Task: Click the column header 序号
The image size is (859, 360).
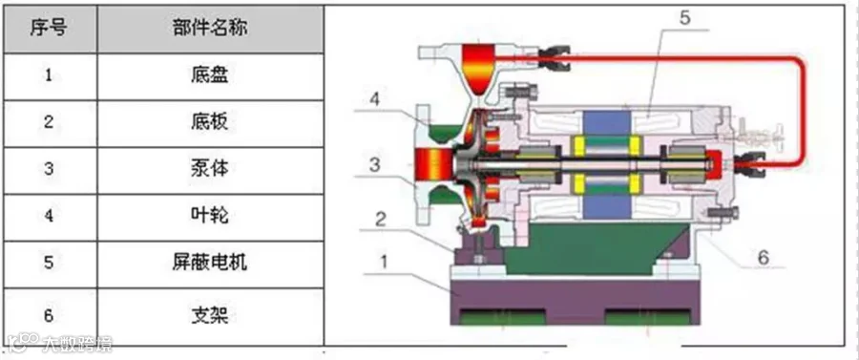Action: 49,29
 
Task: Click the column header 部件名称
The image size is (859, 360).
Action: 210,29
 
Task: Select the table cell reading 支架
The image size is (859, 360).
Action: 210,315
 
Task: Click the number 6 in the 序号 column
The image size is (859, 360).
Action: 49,316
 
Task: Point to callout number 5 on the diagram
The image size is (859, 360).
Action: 685,19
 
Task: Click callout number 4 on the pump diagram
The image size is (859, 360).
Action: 373,100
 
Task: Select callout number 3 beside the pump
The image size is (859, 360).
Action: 374,164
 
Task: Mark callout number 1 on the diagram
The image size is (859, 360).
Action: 384,262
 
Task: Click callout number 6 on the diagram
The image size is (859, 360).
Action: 764,257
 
